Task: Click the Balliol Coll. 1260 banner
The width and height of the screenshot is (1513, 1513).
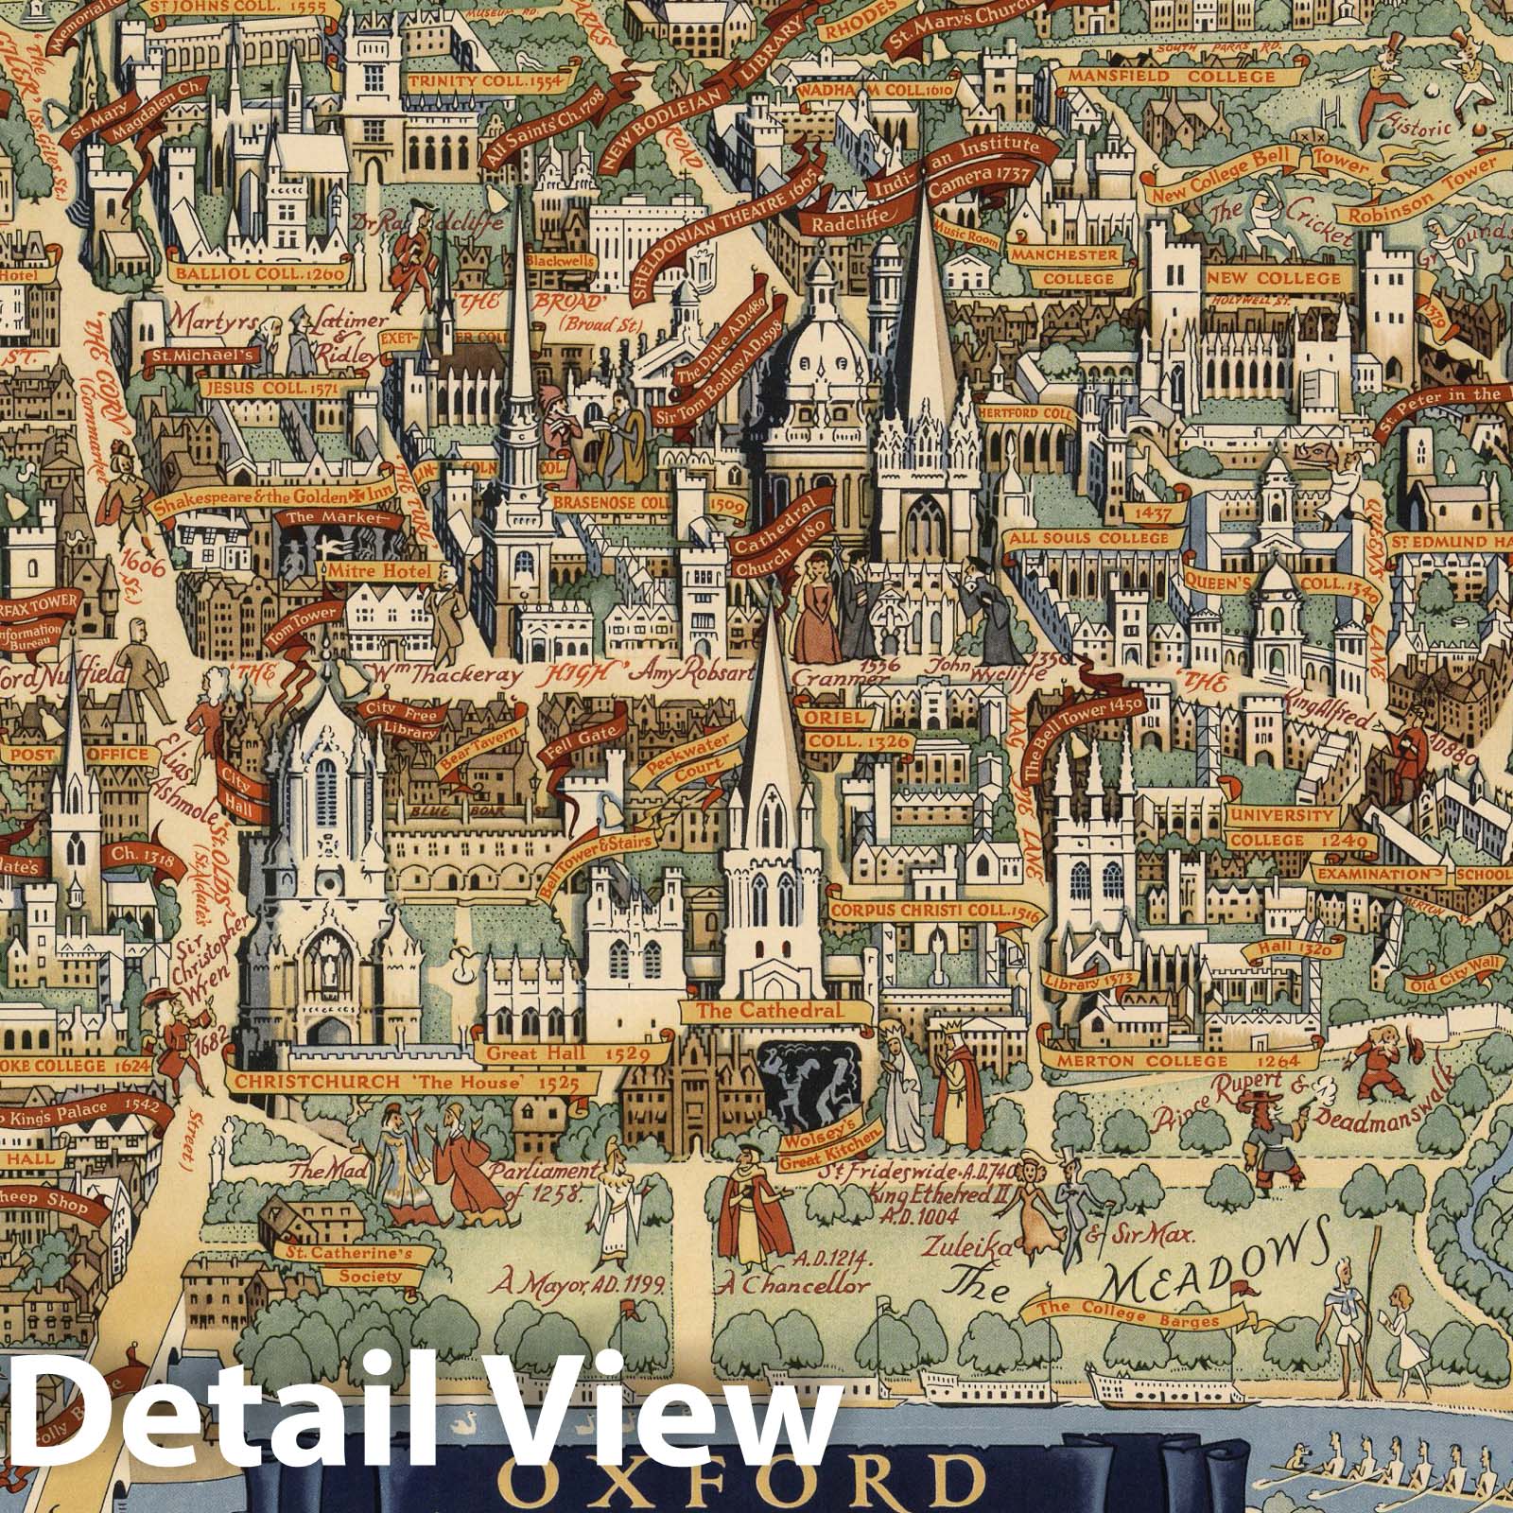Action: pyautogui.click(x=264, y=274)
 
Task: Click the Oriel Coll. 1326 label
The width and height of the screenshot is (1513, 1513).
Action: pyautogui.click(x=848, y=729)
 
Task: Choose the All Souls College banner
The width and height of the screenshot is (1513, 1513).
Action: pyautogui.click(x=1089, y=538)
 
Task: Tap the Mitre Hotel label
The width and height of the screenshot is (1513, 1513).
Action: pyautogui.click(x=378, y=571)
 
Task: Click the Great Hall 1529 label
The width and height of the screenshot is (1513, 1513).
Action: pyautogui.click(x=539, y=1052)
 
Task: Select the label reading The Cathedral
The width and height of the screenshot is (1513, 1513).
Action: pyautogui.click(x=768, y=1010)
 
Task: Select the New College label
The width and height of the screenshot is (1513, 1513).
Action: pyautogui.click(x=1273, y=278)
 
